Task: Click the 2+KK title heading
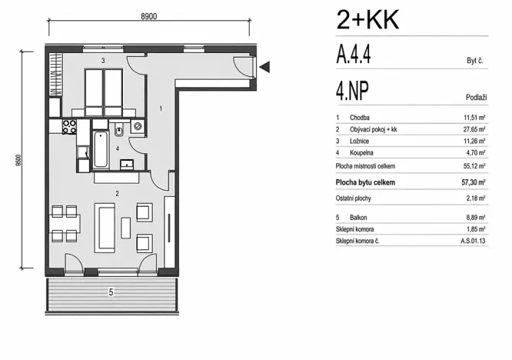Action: pyautogui.click(x=367, y=18)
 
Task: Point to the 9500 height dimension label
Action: pyautogui.click(x=16, y=161)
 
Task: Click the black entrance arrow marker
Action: pyautogui.click(x=264, y=68)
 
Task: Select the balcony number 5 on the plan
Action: pyautogui.click(x=111, y=292)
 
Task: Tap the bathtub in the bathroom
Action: pyautogui.click(x=100, y=148)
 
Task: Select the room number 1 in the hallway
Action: pyautogui.click(x=161, y=109)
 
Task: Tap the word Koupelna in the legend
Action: pyautogui.click(x=362, y=153)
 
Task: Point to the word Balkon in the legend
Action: pyautogui.click(x=359, y=216)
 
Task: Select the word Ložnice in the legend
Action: pyautogui.click(x=361, y=141)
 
